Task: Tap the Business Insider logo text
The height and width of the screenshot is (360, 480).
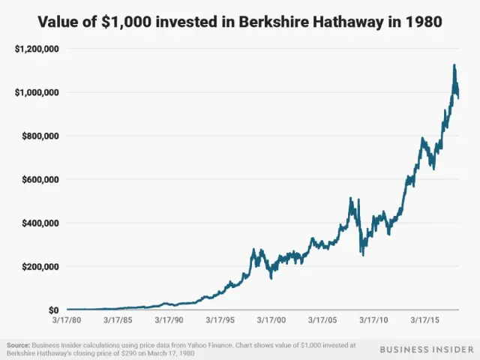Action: click(x=424, y=349)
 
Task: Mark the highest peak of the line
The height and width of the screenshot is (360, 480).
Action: click(x=454, y=65)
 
